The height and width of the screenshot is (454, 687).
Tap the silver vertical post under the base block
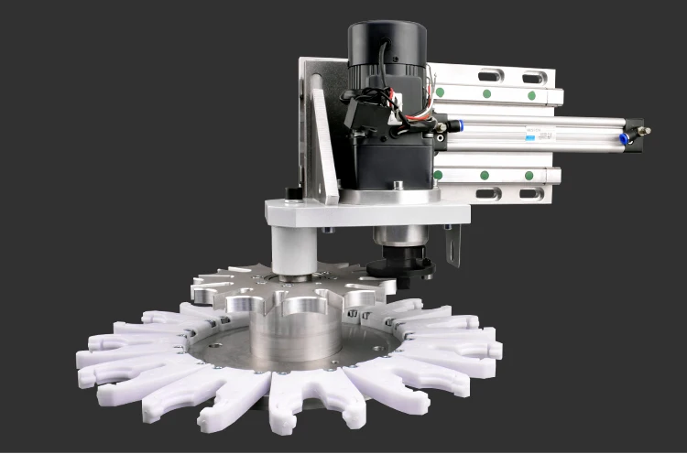tap(296, 252)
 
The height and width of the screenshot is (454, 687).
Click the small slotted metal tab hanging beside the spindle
tap(452, 246)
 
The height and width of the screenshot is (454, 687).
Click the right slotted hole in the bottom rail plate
tap(531, 193)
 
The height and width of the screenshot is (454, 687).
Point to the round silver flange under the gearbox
tap(385, 194)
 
